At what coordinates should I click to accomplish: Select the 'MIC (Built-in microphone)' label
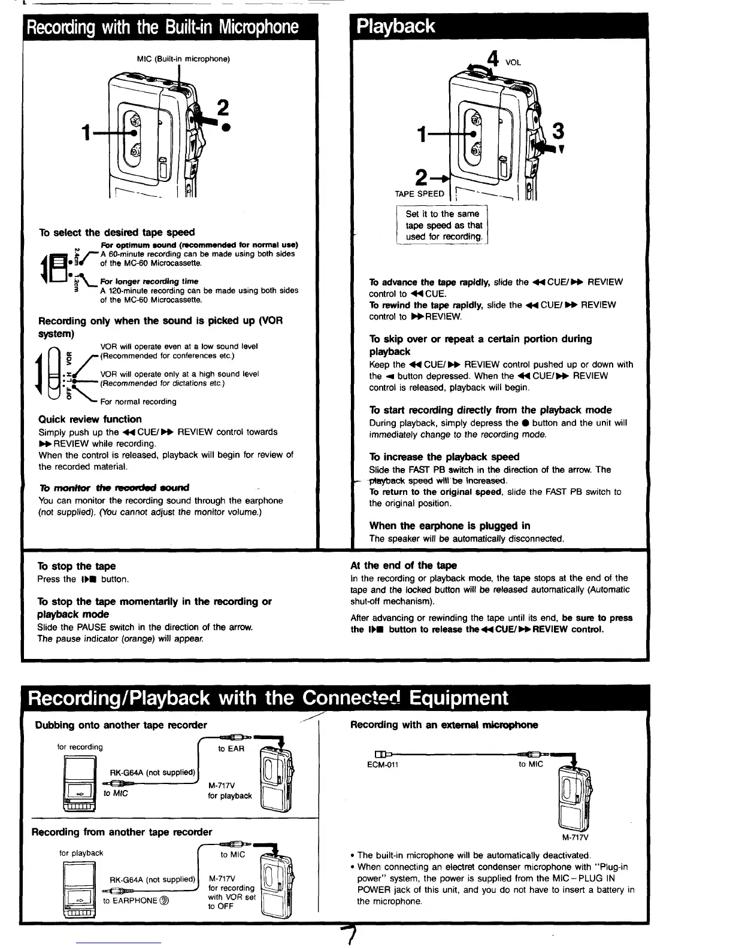coord(183,59)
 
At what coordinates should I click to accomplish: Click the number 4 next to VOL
coord(493,60)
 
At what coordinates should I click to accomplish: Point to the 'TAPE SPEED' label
coord(419,194)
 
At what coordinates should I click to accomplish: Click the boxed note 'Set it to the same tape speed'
coord(443,225)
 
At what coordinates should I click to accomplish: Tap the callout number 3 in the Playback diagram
coord(558,130)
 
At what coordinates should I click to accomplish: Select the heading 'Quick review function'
coord(90,419)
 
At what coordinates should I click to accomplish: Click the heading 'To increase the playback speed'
coord(444,457)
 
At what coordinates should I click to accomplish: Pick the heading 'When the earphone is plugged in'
coord(449,525)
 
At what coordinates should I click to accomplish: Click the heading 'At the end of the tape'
coord(403,565)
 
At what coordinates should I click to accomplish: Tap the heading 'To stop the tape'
coord(77,566)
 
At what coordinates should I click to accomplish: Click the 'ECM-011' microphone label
coord(383,764)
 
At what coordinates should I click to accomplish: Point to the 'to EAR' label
coord(231,749)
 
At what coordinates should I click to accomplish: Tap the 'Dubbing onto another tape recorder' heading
coord(121,725)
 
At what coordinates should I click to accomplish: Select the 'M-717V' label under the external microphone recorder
coord(575,837)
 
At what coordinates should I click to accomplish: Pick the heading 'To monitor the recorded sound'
coord(114,487)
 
